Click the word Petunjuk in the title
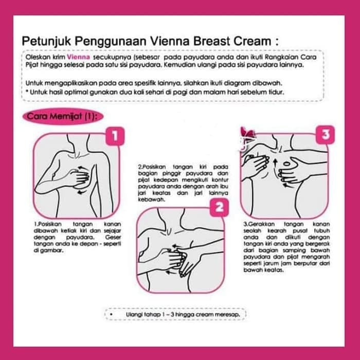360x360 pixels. point(47,42)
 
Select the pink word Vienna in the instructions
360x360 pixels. point(78,57)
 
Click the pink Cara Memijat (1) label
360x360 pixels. point(63,116)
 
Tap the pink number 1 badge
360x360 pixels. point(115,136)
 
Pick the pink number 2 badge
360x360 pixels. point(219,208)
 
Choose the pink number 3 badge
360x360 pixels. point(325,135)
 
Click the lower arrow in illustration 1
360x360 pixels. point(81,191)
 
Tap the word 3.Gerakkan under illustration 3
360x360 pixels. point(259,224)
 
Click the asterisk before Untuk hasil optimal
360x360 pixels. point(27,92)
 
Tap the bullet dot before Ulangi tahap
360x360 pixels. point(112,315)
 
